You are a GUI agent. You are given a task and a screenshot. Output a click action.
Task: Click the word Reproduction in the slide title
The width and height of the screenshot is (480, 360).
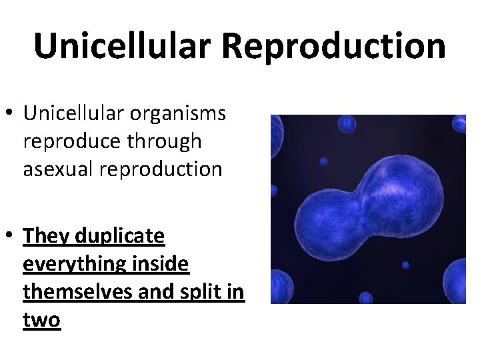333,47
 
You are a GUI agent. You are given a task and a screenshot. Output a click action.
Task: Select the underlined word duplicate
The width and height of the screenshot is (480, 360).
120,236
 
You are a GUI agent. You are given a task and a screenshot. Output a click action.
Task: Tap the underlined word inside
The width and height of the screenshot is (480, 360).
160,265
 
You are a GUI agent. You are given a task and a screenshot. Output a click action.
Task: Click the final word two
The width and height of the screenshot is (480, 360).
41,320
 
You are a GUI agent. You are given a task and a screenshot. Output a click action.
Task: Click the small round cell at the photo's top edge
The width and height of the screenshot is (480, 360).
347,123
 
